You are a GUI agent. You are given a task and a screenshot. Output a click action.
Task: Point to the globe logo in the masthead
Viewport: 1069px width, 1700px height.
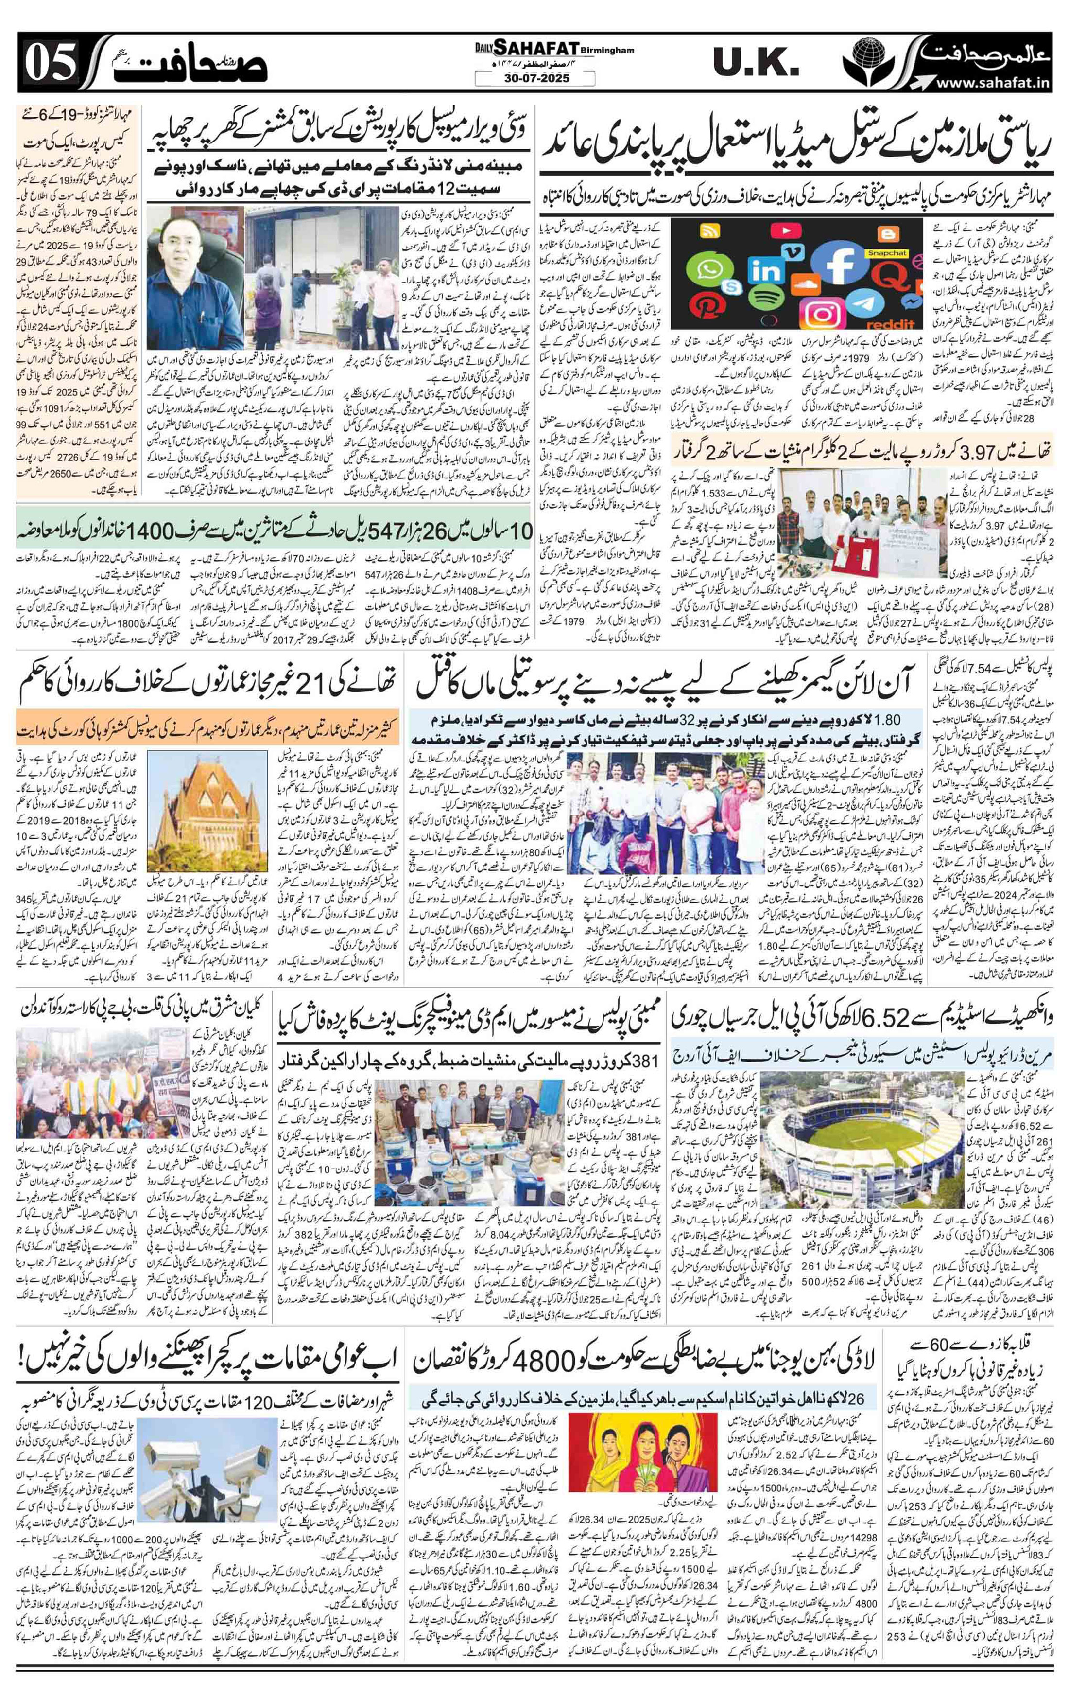point(872,59)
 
